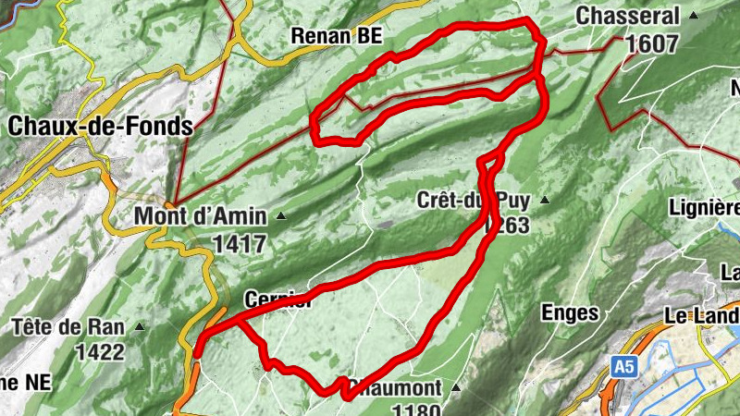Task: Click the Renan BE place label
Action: click(x=336, y=35)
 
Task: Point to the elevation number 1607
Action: click(x=651, y=43)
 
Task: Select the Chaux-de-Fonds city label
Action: click(x=100, y=126)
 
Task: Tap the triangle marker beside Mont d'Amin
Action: click(x=281, y=217)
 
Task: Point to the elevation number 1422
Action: click(x=100, y=351)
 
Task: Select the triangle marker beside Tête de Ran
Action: click(x=140, y=326)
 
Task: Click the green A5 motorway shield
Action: click(x=624, y=368)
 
